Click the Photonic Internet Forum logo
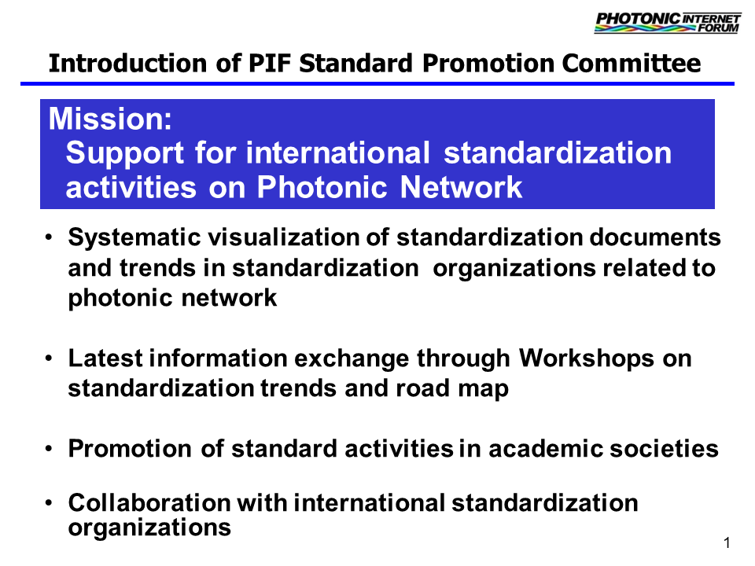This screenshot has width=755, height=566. [x=668, y=23]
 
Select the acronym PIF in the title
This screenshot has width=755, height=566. [x=270, y=63]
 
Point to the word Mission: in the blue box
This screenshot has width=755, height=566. [x=110, y=119]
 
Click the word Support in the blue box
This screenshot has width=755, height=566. [x=125, y=154]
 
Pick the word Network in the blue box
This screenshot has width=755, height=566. [x=462, y=187]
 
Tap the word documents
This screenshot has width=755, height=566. [x=655, y=237]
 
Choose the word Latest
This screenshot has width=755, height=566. [x=105, y=358]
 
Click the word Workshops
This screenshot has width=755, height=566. [x=587, y=358]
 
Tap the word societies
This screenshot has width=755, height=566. [x=664, y=449]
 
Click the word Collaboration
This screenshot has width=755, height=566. [x=149, y=502]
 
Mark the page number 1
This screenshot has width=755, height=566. [x=727, y=543]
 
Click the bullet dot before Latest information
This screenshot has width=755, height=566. [x=48, y=358]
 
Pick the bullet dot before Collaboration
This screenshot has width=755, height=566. [x=48, y=503]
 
